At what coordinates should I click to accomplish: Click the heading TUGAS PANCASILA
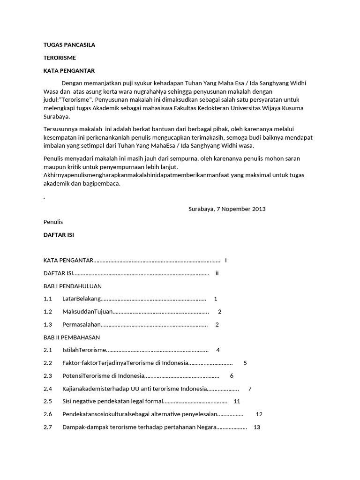[69, 45]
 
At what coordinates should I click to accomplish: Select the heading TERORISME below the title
[60, 58]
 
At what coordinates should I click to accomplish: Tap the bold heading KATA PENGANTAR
[69, 71]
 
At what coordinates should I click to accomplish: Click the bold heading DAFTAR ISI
[59, 234]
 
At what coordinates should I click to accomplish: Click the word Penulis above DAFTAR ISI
[53, 222]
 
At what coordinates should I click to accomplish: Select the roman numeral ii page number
[217, 273]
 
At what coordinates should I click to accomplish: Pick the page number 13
[256, 427]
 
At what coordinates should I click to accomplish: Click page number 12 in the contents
[259, 414]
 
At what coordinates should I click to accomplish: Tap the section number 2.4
[48, 389]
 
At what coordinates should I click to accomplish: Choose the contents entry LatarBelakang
[82, 299]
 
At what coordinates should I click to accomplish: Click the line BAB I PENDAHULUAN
[73, 286]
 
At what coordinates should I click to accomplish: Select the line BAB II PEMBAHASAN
[72, 337]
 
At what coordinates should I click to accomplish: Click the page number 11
[237, 401]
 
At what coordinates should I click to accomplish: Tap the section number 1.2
[48, 312]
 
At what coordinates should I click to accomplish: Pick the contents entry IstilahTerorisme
[84, 350]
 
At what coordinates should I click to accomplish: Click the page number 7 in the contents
[250, 389]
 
